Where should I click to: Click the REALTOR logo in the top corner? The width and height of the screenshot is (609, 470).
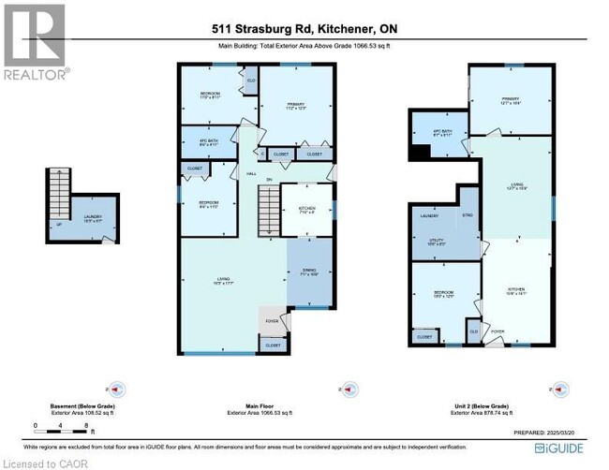click(x=35, y=41)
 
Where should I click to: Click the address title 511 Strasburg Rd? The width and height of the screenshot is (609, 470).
click(x=304, y=29)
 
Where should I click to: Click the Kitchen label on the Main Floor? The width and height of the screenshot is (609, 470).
click(x=307, y=209)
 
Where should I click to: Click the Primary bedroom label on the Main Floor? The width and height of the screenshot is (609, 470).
click(x=296, y=106)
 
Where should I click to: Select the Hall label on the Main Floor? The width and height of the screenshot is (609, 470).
click(x=251, y=174)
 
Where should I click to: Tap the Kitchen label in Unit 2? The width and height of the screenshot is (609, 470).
click(x=516, y=290)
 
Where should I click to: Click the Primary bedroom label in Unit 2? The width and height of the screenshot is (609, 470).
click(x=510, y=100)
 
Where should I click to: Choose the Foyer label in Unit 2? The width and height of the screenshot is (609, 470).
click(x=498, y=330)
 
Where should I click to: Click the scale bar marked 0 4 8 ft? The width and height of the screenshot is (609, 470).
click(x=61, y=432)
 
